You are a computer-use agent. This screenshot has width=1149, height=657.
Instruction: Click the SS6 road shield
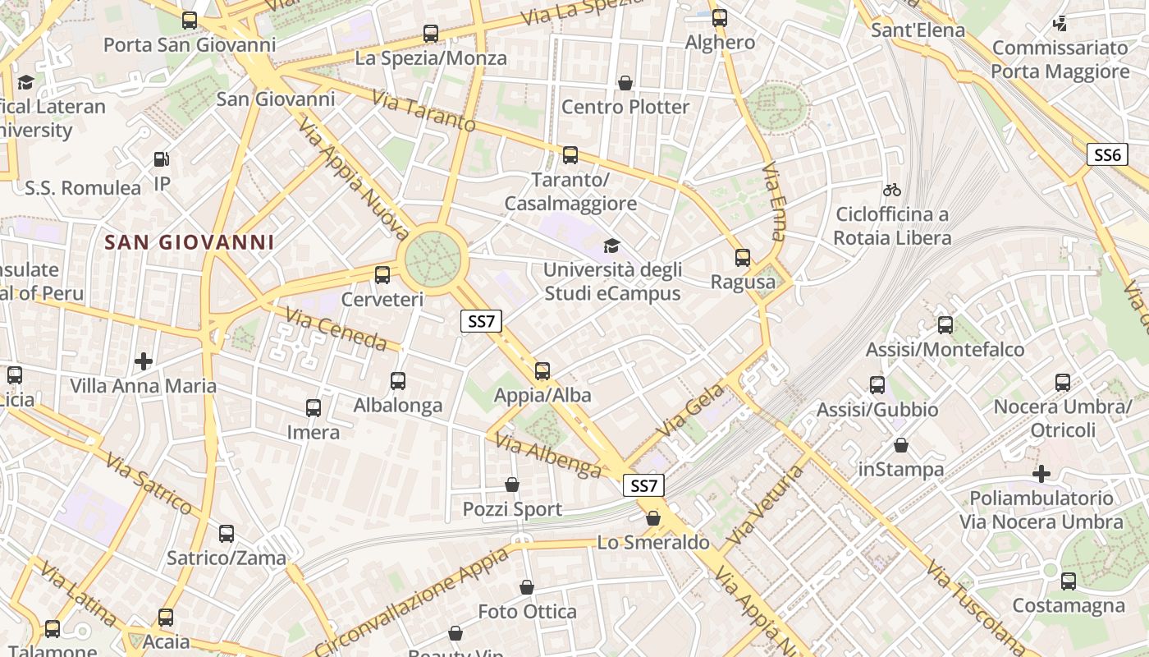(x=1107, y=154)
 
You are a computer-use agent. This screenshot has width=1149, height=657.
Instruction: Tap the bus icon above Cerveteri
(x=382, y=275)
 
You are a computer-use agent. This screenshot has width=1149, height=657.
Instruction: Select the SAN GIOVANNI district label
(x=190, y=242)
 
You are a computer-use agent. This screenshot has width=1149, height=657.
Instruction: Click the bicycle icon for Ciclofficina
(x=892, y=190)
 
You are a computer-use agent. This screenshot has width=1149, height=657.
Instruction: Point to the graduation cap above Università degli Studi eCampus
(x=611, y=246)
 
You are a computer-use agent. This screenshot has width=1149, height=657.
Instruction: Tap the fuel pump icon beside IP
(x=163, y=159)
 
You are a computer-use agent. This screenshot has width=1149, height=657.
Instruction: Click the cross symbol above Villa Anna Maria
(x=144, y=361)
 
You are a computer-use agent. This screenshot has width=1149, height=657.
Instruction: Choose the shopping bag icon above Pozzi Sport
(x=512, y=485)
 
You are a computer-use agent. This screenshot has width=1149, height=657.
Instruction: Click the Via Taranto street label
(x=423, y=112)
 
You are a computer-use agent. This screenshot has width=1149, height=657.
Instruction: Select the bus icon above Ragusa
(x=743, y=258)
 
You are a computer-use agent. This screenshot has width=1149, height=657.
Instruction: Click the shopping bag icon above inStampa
(x=901, y=445)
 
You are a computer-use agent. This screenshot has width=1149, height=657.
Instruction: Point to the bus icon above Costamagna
(x=1068, y=581)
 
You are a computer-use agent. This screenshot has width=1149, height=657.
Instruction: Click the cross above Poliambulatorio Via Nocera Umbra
(x=1041, y=474)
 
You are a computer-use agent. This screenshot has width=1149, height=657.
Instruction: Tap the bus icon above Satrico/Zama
(x=227, y=534)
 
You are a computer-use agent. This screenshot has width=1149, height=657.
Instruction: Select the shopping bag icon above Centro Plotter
(x=625, y=83)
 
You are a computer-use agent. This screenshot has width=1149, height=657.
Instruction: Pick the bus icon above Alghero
(x=720, y=17)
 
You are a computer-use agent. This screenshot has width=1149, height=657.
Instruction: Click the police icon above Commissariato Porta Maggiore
(x=1060, y=24)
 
